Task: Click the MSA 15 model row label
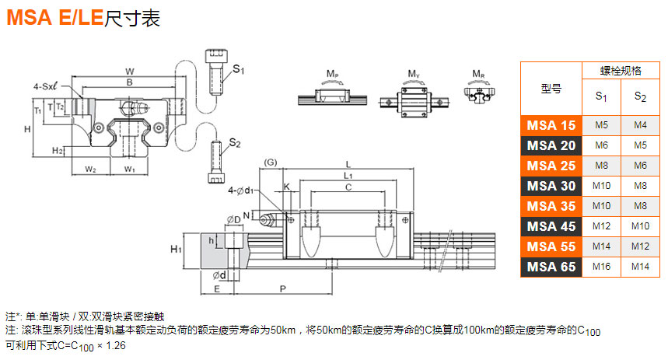[551, 124]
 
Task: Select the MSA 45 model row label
[551, 226]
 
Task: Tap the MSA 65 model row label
[551, 267]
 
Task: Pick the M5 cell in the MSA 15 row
[601, 124]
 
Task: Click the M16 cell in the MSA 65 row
[601, 267]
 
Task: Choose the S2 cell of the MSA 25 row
[640, 165]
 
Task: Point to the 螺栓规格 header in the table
[621, 71]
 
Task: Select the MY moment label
[414, 74]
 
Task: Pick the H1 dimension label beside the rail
[176, 248]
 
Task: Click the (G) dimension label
[271, 162]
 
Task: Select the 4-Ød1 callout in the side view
[241, 190]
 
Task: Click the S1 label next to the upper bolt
[238, 70]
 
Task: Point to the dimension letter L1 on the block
[348, 176]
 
